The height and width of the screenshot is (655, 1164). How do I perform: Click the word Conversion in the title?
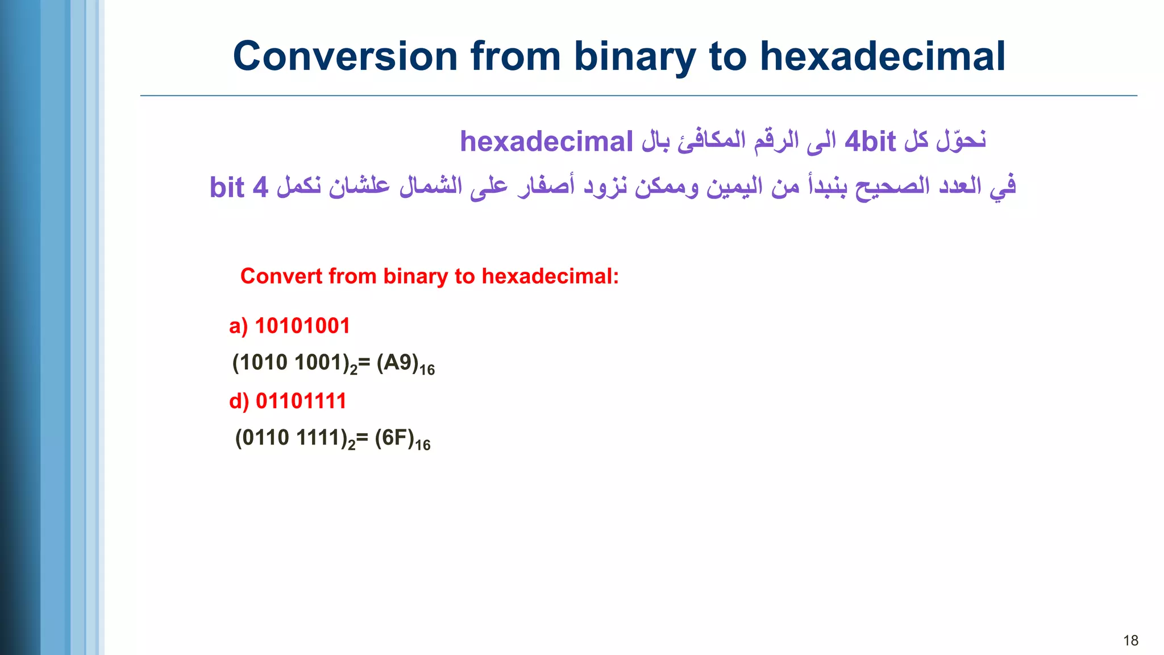tap(345, 56)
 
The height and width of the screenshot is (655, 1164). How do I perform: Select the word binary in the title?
tap(635, 56)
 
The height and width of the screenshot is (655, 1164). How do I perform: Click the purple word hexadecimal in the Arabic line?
tap(546, 142)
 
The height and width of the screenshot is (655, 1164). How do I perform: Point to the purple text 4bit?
tap(870, 142)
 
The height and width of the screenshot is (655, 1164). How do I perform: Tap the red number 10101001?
tap(302, 326)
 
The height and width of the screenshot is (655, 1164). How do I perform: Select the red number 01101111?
tap(301, 401)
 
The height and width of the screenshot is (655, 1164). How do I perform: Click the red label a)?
tap(238, 326)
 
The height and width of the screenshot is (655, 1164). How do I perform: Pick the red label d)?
tap(239, 401)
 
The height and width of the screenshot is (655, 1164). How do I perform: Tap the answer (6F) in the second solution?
tap(394, 438)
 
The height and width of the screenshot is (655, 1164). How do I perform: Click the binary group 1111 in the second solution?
tap(318, 438)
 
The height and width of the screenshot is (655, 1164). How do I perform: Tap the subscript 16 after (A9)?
tap(427, 370)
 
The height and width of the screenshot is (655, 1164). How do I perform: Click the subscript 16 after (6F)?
tap(423, 445)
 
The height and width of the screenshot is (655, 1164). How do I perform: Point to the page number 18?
tap(1130, 641)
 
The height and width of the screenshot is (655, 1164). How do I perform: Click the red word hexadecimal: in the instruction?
tap(550, 276)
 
